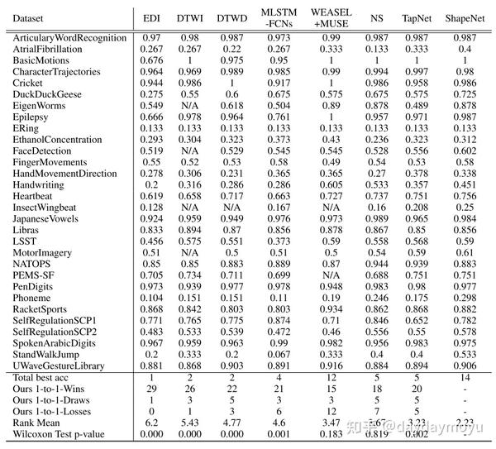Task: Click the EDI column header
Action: click(x=151, y=17)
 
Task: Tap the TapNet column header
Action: click(x=415, y=17)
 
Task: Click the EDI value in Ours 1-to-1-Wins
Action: click(x=151, y=389)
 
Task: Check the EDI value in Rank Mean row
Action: click(x=151, y=421)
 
